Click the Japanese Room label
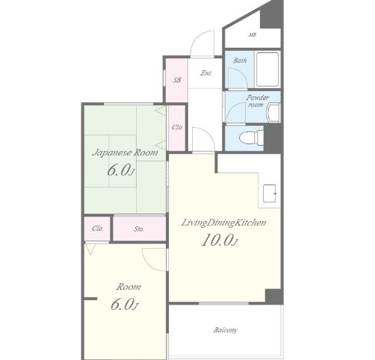(125, 152)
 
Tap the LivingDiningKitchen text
(223, 223)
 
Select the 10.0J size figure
(220, 240)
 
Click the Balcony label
(225, 330)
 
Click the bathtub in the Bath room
(267, 69)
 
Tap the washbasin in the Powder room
(273, 113)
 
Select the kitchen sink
(270, 193)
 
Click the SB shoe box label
(177, 80)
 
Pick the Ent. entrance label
(206, 73)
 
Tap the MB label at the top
(252, 35)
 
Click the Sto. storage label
(139, 229)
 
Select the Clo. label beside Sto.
(98, 229)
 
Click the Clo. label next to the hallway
(177, 127)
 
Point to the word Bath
(240, 60)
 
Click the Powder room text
(257, 101)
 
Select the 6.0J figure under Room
(124, 304)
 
